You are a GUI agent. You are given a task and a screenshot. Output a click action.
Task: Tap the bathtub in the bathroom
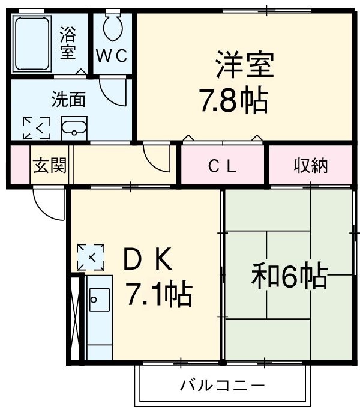click(x=34, y=44)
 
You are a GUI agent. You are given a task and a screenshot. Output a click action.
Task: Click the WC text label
click(x=112, y=56)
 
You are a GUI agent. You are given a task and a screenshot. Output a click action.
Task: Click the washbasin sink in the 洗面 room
click(x=74, y=127)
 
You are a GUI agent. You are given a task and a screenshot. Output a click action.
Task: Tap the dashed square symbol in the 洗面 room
click(x=37, y=127)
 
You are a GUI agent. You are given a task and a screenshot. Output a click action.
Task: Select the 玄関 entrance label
click(x=49, y=165)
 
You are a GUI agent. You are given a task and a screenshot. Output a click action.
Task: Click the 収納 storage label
click(x=311, y=166)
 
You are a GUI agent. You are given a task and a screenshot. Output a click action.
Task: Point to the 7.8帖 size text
click(x=233, y=100)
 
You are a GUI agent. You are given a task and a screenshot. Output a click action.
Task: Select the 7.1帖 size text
click(x=158, y=294)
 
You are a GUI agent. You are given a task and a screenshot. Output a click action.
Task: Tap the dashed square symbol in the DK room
click(x=91, y=257)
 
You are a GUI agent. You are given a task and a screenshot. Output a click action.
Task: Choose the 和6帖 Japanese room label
click(x=289, y=276)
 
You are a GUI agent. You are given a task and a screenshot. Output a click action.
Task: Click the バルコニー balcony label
click(x=222, y=385)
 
